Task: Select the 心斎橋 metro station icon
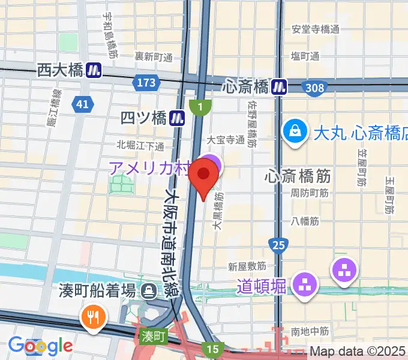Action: coord(278,86)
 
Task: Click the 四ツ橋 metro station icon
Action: coord(176,118)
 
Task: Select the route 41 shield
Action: coord(82,105)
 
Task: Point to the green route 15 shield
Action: coord(212,349)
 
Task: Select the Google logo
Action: coord(40,346)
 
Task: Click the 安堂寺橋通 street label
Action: coord(316,29)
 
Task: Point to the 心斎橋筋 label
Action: coord(298,176)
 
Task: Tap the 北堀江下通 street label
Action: coord(140,146)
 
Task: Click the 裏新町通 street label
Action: coord(153,57)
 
